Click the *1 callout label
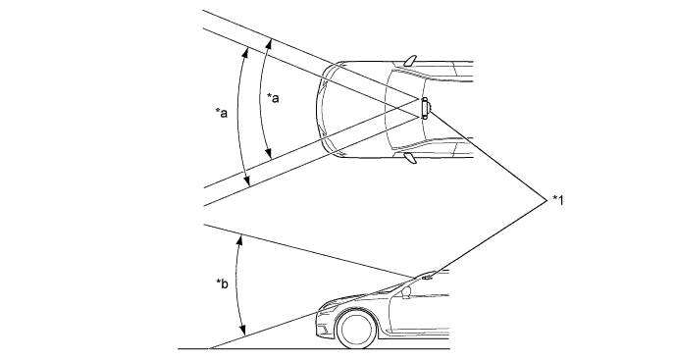point(558,200)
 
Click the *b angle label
point(222,284)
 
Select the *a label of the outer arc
point(222,113)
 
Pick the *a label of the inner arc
point(273,98)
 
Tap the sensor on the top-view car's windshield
point(425,108)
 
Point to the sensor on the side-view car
point(428,277)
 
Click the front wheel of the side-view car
point(355,329)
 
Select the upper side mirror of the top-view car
point(410,61)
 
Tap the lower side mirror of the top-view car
point(410,158)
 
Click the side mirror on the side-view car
point(406,293)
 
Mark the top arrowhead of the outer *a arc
point(247,51)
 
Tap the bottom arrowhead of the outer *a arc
point(248,181)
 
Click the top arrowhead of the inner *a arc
point(270,42)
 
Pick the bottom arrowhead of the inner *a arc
point(269,154)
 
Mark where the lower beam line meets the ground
point(209,348)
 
